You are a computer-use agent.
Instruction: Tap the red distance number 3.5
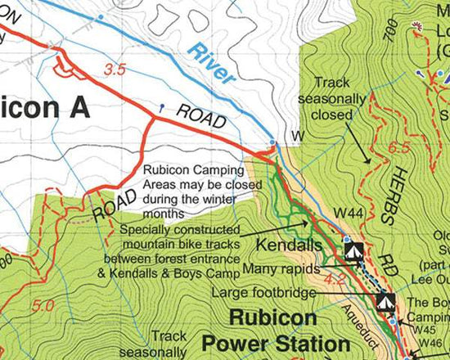tap(115, 70)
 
